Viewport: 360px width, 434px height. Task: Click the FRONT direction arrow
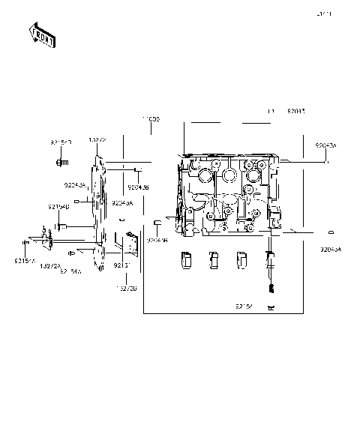tap(42, 34)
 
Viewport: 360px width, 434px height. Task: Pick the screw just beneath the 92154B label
tap(61, 226)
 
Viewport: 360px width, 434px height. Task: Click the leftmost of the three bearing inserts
tap(185, 259)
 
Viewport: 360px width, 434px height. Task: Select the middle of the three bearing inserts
tap(213, 259)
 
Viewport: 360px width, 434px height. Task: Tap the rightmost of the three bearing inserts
tap(241, 259)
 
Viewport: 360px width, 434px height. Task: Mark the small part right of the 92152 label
tap(271, 308)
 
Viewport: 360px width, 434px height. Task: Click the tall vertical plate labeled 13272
tap(97, 214)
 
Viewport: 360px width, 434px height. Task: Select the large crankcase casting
tap(229, 195)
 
